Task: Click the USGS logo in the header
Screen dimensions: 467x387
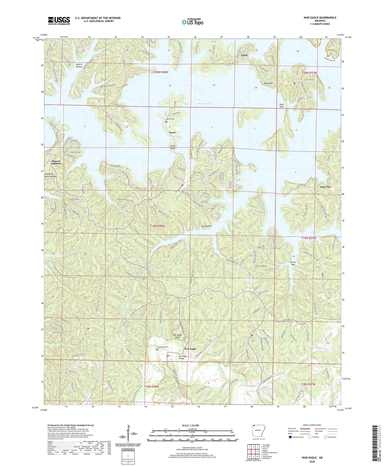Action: point(59,20)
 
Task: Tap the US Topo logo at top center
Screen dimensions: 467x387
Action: point(192,22)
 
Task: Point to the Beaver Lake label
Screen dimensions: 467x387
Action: point(205,104)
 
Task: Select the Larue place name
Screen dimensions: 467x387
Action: point(172,132)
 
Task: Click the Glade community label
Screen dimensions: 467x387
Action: point(244,55)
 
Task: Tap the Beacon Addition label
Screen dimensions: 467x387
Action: point(56,162)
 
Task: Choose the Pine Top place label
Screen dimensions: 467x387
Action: point(325,187)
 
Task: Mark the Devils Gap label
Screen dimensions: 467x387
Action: point(293,263)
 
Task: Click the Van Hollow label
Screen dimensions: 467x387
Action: point(206,226)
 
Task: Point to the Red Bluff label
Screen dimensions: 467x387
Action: point(268,83)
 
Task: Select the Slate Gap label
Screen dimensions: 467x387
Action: point(281,105)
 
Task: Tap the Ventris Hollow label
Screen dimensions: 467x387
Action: point(79,66)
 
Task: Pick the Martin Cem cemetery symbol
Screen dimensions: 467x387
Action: point(166,122)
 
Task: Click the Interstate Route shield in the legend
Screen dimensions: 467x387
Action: point(290,437)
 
